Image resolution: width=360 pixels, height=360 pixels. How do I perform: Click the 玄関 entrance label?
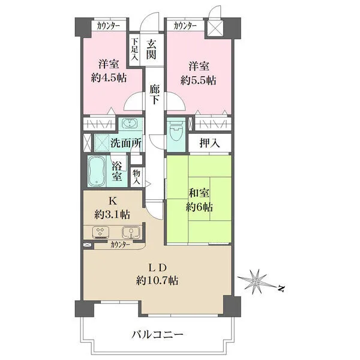(153, 49)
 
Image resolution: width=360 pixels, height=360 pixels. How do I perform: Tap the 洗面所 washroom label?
(126, 143)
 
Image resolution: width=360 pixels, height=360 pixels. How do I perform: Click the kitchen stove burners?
(100, 232)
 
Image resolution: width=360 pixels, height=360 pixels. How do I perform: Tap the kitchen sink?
(129, 232)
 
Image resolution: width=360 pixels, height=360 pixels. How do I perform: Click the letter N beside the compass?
(281, 289)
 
